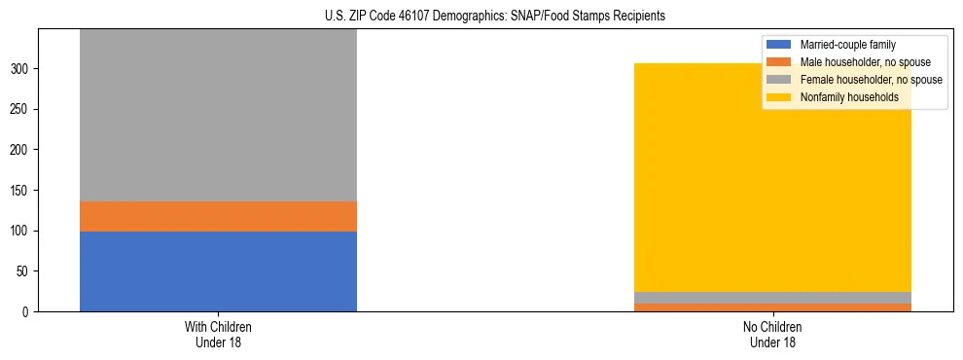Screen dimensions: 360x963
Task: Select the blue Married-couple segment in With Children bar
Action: pos(218,271)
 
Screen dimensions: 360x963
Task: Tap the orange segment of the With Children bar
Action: pos(218,216)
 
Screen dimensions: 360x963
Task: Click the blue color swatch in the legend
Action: pos(779,45)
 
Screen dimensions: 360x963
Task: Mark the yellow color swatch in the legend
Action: pos(779,97)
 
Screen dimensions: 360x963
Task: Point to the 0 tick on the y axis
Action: pos(28,312)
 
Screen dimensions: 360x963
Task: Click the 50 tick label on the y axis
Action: pos(25,271)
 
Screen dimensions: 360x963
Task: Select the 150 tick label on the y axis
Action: pos(21,191)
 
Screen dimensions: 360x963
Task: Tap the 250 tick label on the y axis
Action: pos(21,110)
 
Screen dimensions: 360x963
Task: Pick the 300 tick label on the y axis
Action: pos(21,69)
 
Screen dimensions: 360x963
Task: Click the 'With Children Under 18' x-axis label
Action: pos(218,334)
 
